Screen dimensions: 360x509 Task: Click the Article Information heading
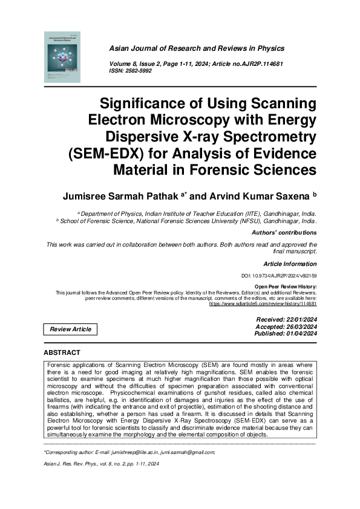[x=290, y=264]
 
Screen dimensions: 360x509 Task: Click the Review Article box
[x=71, y=329]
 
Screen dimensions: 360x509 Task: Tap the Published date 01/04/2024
[x=286, y=333]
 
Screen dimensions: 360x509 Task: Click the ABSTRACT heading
[x=62, y=352]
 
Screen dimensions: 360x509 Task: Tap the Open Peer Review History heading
[x=285, y=287]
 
